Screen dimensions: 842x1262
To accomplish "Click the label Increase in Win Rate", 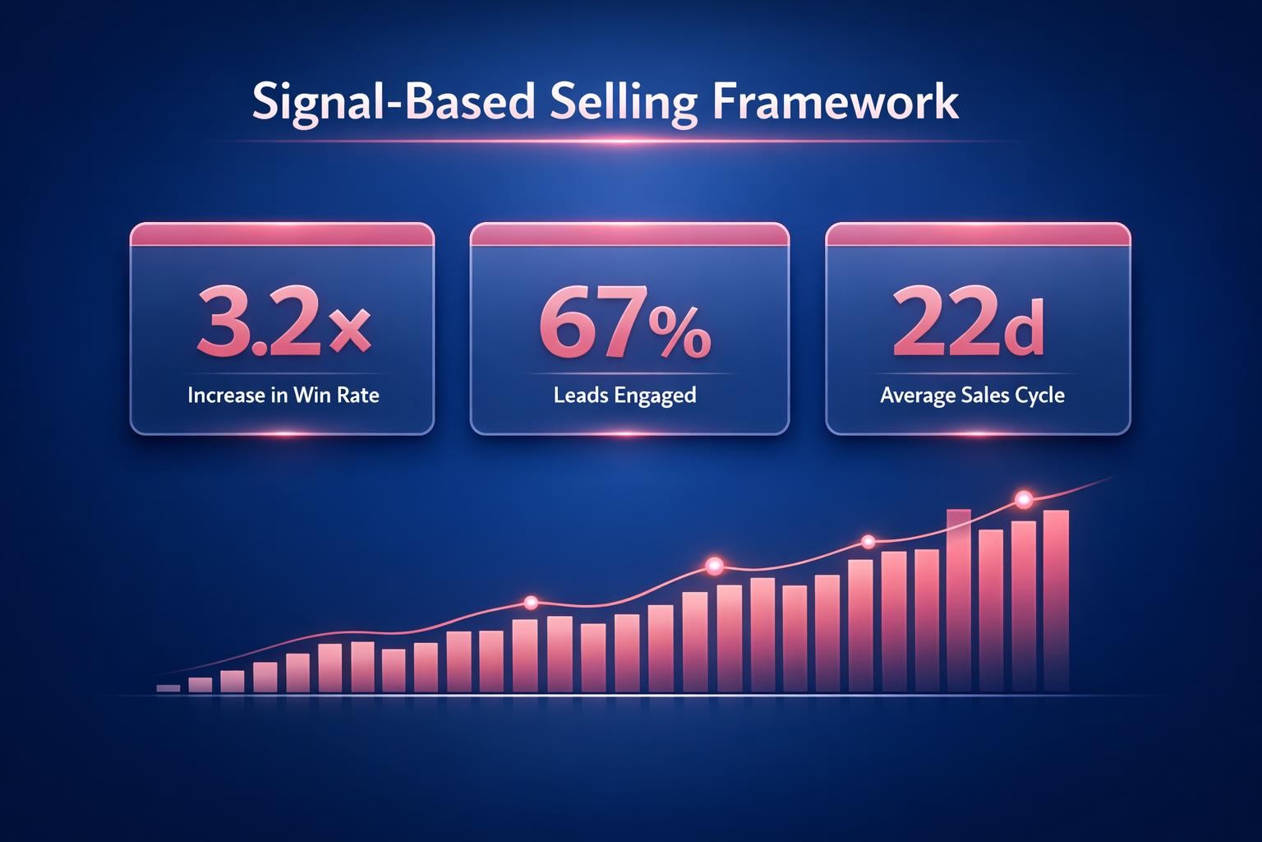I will point(283,396).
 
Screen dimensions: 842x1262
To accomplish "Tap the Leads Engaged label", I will point(625,396).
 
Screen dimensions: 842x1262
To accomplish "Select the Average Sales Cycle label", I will point(972,396).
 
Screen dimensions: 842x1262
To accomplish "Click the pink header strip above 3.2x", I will point(282,234).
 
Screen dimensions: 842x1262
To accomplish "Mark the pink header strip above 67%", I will point(629,234).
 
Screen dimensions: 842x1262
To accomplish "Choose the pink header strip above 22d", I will point(978,234).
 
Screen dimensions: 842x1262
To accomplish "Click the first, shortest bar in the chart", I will point(168,688).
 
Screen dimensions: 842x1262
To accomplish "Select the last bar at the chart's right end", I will point(1056,600).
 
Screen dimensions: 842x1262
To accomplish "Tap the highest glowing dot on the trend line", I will point(1024,498).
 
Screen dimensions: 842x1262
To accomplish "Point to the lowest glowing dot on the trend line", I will point(530,603).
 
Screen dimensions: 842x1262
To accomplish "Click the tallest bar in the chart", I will point(959,600).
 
